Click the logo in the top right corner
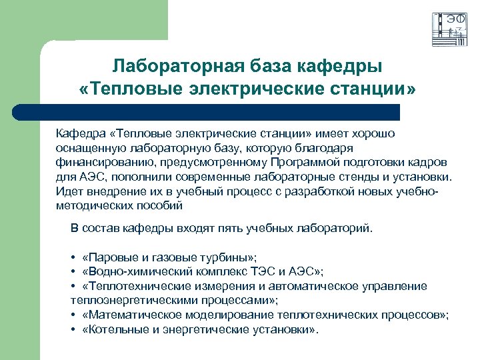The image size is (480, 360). [x=449, y=29]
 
